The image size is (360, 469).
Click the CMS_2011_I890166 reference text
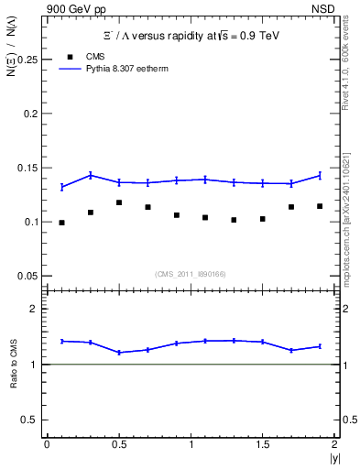pyautogui.click(x=190, y=274)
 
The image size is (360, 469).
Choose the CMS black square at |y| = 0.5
pyautogui.click(x=119, y=202)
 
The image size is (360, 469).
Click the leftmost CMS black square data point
pyautogui.click(x=61, y=223)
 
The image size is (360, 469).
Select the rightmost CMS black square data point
pyautogui.click(x=320, y=206)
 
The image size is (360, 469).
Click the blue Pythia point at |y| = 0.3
pyautogui.click(x=90, y=175)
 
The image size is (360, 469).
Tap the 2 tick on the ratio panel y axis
pyautogui.click(x=33, y=309)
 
